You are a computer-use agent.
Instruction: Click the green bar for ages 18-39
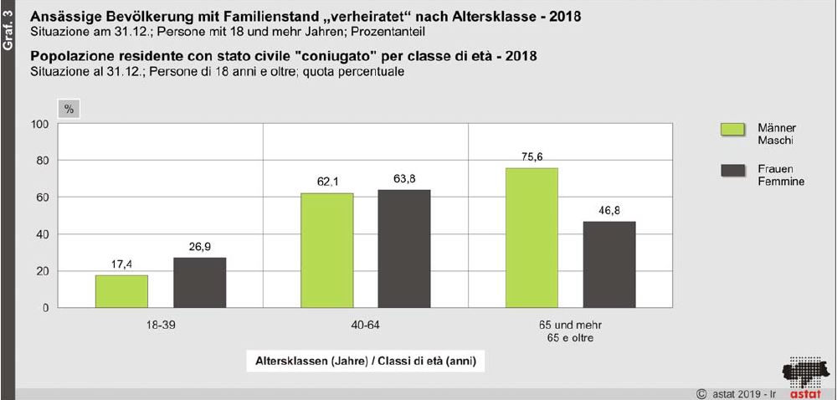(121, 291)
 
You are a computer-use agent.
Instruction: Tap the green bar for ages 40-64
(326, 250)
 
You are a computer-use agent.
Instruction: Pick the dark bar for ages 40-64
(404, 249)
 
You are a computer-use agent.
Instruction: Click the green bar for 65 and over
(531, 238)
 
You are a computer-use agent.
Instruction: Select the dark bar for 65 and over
(609, 264)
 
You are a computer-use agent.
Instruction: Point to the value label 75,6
(531, 156)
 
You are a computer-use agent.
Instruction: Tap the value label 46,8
(609, 209)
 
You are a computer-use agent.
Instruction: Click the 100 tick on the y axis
(40, 124)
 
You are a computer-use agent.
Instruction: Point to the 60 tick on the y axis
(43, 197)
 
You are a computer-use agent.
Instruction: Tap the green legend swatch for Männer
(732, 130)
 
